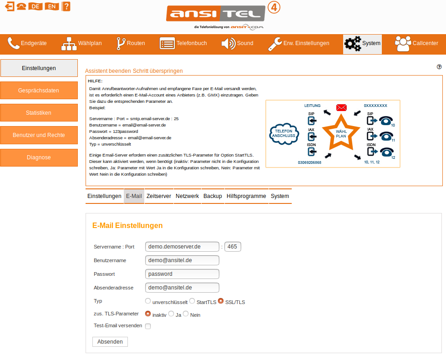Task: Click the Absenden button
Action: point(110,342)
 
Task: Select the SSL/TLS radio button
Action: point(221,301)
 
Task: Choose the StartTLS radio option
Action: point(192,301)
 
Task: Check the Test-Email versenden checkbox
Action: point(148,326)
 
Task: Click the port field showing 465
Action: point(233,247)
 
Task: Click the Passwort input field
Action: point(182,274)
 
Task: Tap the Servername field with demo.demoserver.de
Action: point(182,247)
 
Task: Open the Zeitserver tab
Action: point(158,196)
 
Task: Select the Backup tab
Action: point(213,196)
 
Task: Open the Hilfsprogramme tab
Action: point(246,196)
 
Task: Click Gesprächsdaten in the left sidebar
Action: point(39,91)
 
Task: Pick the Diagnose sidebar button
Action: point(39,157)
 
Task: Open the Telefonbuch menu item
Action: point(183,44)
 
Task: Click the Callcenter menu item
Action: point(416,44)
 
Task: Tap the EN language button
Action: point(52,6)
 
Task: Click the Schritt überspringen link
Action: point(158,71)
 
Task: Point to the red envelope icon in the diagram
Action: point(341,108)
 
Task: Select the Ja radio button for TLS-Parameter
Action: point(171,314)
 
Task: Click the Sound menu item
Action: point(237,44)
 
